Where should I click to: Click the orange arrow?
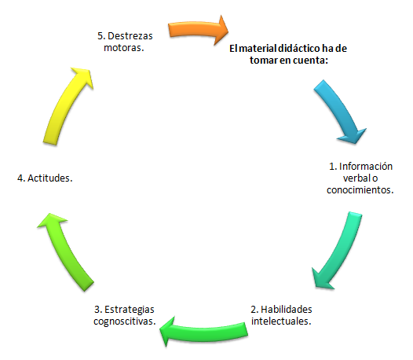[x=198, y=29]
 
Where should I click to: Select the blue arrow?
[x=340, y=110]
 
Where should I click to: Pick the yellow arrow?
[x=67, y=105]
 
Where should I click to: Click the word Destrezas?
[x=130, y=36]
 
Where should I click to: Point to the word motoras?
[x=124, y=48]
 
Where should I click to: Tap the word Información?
[x=366, y=167]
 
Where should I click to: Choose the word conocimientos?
[x=360, y=190]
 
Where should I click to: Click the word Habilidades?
[x=287, y=309]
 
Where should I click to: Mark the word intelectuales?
[x=281, y=321]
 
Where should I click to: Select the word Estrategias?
[x=130, y=310]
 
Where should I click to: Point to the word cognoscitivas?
[x=125, y=321]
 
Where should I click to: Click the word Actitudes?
[x=49, y=178]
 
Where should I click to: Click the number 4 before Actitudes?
[x=20, y=178]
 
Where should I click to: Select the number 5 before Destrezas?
[x=100, y=36]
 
